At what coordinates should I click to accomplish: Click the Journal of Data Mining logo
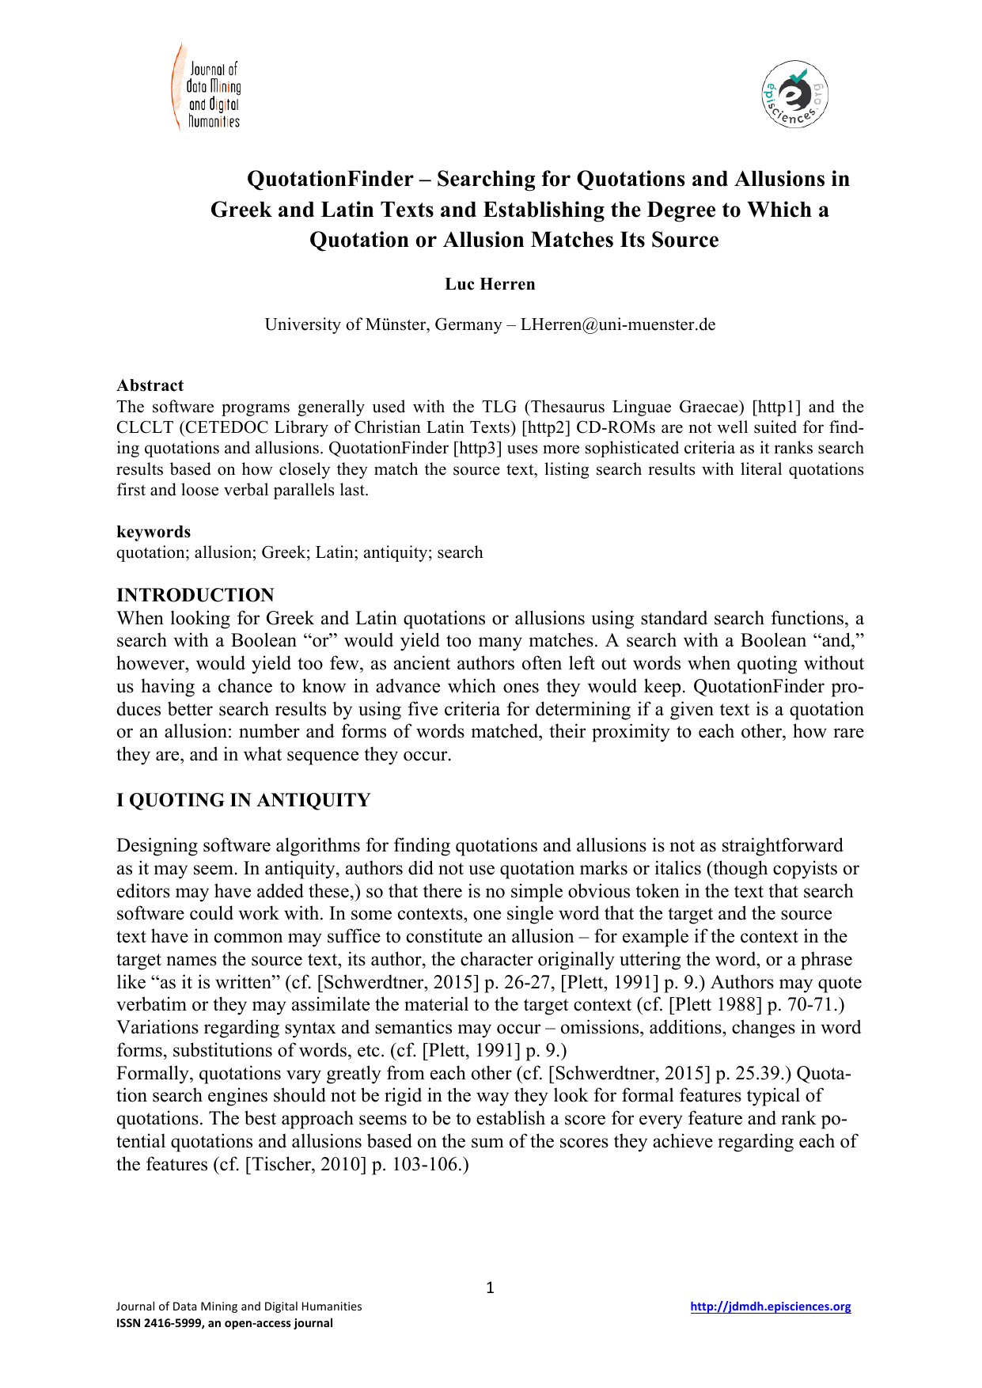click(206, 88)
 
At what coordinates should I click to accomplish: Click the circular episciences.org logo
click(794, 94)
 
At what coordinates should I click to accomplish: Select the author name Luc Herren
click(490, 284)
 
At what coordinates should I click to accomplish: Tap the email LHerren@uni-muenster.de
click(617, 324)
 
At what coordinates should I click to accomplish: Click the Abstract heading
click(150, 385)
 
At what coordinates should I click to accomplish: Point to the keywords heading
click(154, 532)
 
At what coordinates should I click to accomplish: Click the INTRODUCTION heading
click(195, 595)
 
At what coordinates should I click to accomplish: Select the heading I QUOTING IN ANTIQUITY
click(243, 800)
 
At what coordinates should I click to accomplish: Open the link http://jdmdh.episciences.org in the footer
click(770, 1306)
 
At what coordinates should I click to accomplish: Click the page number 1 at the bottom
click(490, 1288)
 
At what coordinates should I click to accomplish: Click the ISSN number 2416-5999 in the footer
click(173, 1323)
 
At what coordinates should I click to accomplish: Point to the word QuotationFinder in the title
click(330, 180)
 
